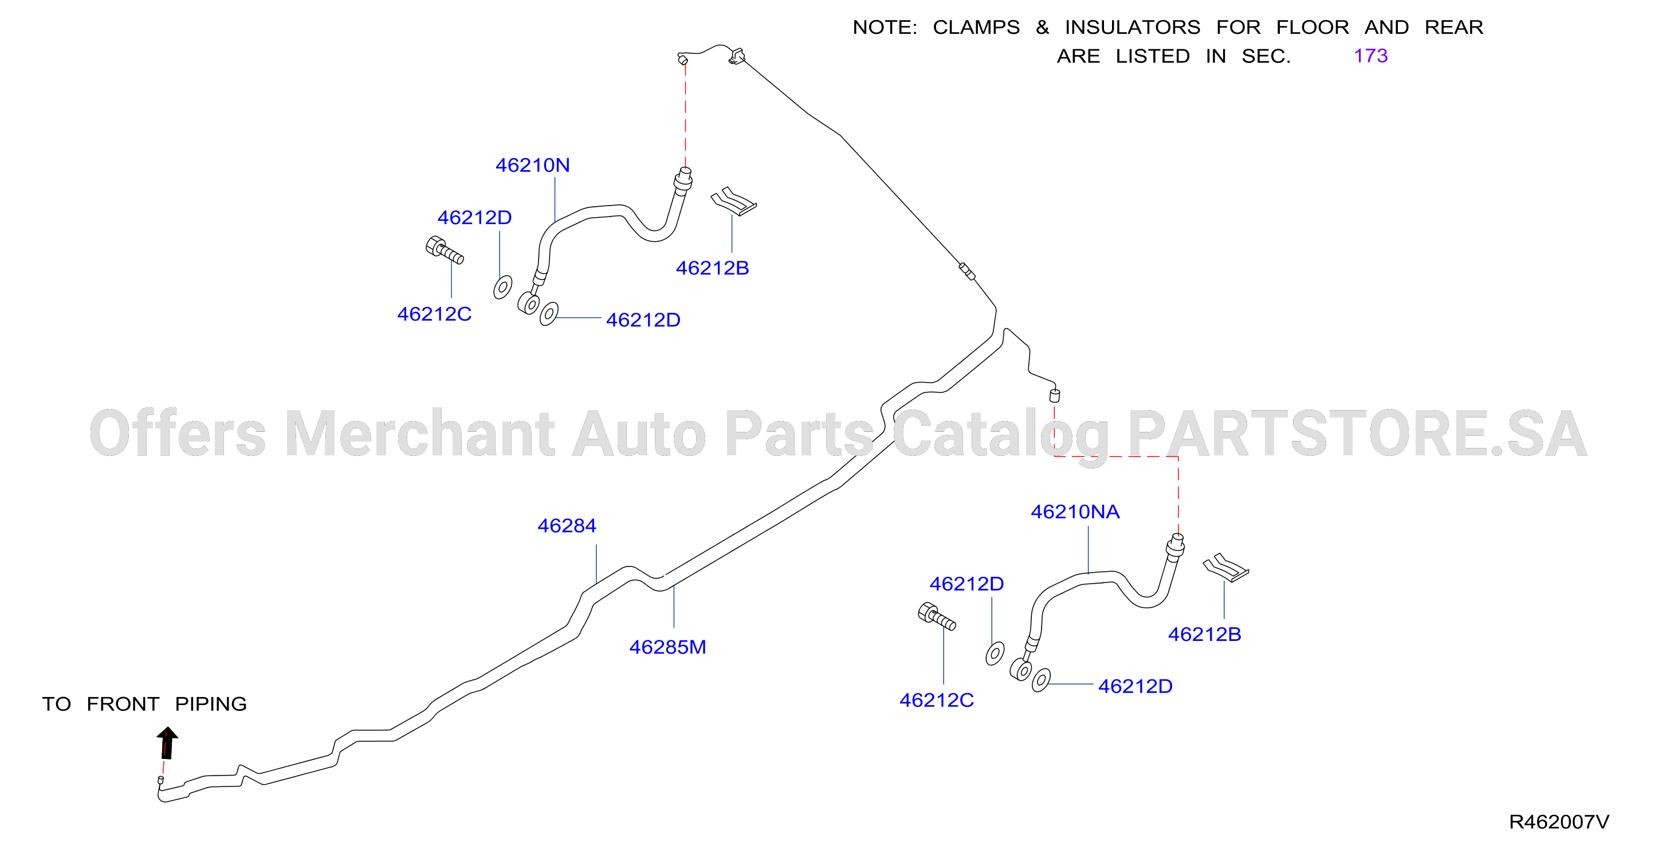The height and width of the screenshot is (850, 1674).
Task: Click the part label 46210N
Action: [x=532, y=165]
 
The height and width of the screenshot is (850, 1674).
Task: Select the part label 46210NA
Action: [x=1075, y=511]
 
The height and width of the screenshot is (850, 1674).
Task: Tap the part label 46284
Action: [x=567, y=525]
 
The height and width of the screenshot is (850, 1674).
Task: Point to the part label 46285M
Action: [x=667, y=647]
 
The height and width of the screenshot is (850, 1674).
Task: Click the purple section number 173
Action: [x=1370, y=56]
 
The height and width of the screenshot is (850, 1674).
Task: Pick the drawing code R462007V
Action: [x=1559, y=822]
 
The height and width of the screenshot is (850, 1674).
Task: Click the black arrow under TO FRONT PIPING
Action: [x=167, y=743]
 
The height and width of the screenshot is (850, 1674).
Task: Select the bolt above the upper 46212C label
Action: [x=445, y=250]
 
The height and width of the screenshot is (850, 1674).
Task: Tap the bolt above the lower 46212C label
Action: [x=937, y=616]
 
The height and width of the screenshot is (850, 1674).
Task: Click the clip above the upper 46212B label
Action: [x=734, y=202]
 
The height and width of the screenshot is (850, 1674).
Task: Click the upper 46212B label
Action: [x=712, y=267]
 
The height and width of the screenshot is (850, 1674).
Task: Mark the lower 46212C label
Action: [x=937, y=700]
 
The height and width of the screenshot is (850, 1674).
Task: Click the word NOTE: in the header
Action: [x=885, y=27]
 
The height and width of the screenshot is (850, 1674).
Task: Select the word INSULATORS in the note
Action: [x=1132, y=27]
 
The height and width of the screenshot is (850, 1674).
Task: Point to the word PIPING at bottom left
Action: [x=211, y=704]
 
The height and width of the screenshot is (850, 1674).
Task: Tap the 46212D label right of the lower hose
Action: [x=1135, y=686]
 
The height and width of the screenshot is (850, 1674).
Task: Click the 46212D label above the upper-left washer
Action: [x=474, y=217]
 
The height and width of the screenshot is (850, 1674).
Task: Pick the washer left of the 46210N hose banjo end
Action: [x=502, y=286]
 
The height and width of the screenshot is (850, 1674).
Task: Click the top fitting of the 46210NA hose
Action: [x=1176, y=546]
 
